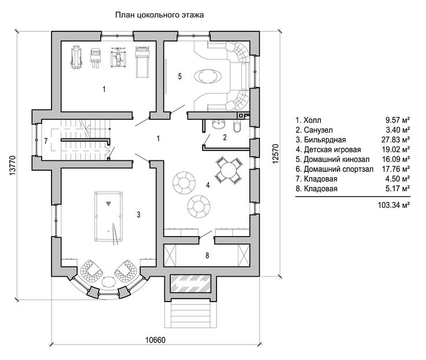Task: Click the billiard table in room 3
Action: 109,216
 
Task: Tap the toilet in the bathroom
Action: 237,126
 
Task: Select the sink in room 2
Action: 219,124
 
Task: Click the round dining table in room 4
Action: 229,170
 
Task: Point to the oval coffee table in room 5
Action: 208,75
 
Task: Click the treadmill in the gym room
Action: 142,62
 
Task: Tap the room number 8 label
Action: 207,255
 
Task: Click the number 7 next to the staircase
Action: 46,141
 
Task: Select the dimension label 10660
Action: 155,340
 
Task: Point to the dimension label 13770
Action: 13,166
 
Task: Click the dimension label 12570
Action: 275,154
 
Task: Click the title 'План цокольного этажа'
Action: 160,14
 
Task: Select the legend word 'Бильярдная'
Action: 325,140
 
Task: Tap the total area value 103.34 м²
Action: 394,205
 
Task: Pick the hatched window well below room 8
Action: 190,284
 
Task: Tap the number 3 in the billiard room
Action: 138,215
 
